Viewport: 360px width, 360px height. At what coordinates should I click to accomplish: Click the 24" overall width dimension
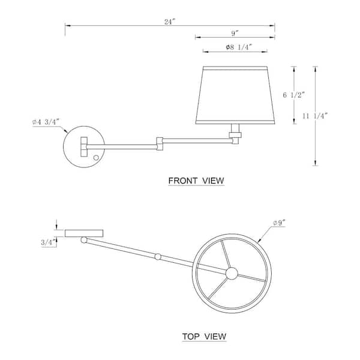170,22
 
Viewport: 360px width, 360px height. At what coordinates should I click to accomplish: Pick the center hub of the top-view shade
231,273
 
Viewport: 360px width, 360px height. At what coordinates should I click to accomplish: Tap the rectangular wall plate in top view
84,232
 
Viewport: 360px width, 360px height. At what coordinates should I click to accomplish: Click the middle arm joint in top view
158,257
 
